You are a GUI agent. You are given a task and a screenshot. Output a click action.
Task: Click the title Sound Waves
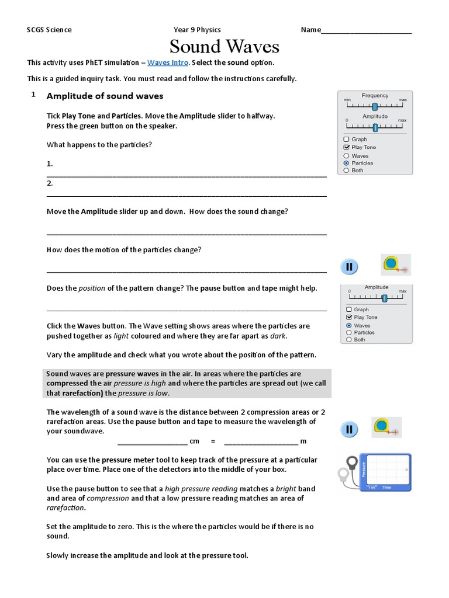click(224, 46)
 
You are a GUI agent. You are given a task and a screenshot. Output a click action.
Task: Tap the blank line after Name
click(367, 31)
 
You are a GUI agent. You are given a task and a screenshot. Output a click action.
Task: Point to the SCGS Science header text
click(50, 30)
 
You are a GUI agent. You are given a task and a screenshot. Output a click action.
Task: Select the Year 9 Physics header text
click(197, 30)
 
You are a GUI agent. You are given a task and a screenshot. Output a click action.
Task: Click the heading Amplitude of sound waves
click(105, 96)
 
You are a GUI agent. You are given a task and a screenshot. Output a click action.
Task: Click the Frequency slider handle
click(375, 106)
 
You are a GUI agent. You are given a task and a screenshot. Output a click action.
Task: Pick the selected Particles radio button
click(347, 163)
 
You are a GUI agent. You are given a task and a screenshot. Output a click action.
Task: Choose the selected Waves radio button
click(349, 325)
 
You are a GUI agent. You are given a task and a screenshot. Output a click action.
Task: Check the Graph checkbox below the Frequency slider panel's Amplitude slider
click(347, 139)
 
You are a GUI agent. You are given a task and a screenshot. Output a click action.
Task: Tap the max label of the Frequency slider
click(402, 100)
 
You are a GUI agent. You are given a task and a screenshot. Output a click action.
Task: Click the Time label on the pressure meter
click(386, 486)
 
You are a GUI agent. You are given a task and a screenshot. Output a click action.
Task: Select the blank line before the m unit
click(261, 441)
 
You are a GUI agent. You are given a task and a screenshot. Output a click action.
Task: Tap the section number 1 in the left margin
click(34, 95)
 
